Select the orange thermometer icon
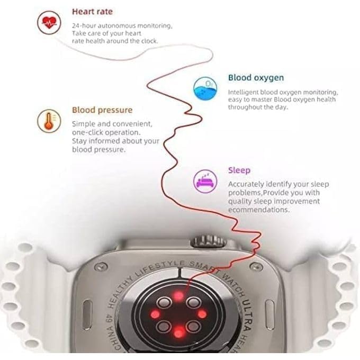48,121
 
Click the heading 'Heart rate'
92,11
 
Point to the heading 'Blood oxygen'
256,78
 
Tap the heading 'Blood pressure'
102,110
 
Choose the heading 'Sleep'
239,170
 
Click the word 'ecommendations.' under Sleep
259,210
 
